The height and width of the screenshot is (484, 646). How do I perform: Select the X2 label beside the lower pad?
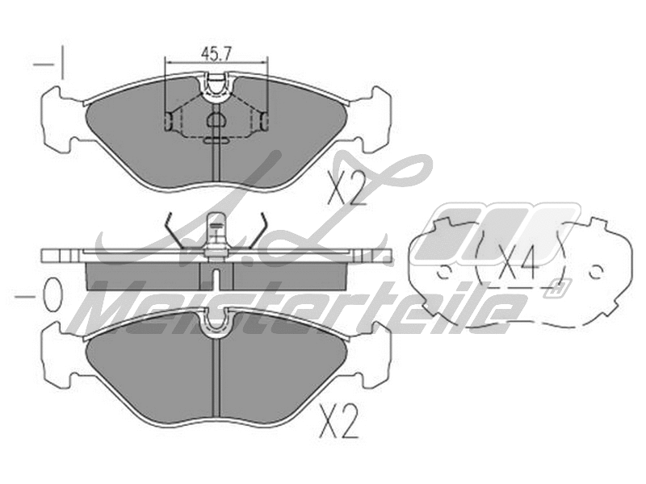340,420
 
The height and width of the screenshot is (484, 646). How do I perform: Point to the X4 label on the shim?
518,263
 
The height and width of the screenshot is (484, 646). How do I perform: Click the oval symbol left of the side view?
52,296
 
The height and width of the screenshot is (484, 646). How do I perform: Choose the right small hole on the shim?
596,271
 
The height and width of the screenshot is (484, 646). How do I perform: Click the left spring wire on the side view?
174,234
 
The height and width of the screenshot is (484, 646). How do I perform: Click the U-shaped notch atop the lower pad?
216,321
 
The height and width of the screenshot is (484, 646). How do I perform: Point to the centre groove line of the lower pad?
216,379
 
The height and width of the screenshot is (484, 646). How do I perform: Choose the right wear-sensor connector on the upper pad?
265,121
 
